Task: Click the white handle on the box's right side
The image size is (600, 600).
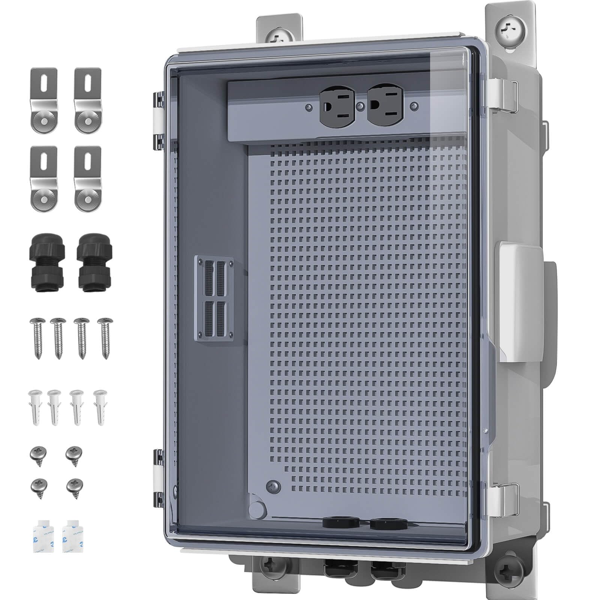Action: click(x=519, y=302)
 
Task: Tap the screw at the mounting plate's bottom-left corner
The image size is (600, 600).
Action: click(x=273, y=486)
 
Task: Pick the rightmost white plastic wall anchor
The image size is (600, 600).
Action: click(x=100, y=406)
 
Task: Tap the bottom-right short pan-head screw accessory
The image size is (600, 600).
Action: click(x=75, y=489)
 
